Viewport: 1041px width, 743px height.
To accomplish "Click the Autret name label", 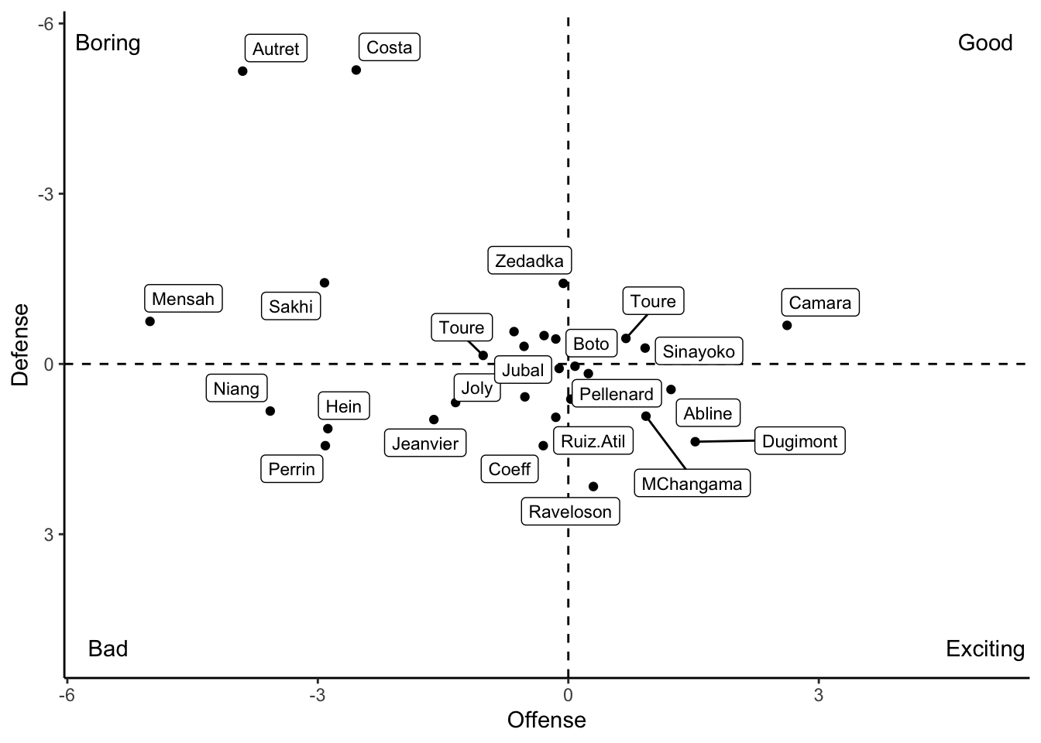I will click(x=276, y=49).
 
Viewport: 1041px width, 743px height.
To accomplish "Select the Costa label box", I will click(x=389, y=47).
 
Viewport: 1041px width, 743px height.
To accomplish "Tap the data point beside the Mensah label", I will click(x=150, y=321).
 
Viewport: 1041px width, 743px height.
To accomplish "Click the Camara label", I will click(x=819, y=303).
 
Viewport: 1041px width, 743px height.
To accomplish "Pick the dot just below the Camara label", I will click(x=787, y=325).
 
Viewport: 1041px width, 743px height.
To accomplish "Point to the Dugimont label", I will click(x=799, y=441).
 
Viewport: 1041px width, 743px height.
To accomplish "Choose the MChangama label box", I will click(x=692, y=484).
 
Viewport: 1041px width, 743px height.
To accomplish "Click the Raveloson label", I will click(x=570, y=511).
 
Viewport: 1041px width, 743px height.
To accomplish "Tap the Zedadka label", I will click(x=530, y=261).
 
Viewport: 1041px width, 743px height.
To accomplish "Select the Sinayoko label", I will click(x=699, y=351).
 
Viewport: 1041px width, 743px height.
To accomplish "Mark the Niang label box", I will click(x=236, y=388).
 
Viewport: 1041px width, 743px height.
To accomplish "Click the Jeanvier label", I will click(x=425, y=443).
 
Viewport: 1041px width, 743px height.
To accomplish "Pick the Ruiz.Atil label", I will click(x=593, y=441).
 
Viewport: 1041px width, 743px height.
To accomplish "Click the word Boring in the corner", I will click(x=108, y=43).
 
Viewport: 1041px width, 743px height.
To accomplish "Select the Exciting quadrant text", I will click(x=984, y=649).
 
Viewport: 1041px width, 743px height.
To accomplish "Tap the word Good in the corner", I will click(x=984, y=43).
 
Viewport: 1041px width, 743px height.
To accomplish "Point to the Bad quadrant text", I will click(x=108, y=649).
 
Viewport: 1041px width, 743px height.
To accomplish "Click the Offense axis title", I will click(x=546, y=721).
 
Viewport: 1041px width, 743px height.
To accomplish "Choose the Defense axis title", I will click(x=21, y=344).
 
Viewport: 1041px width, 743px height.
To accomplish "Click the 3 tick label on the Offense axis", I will click(x=819, y=695).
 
